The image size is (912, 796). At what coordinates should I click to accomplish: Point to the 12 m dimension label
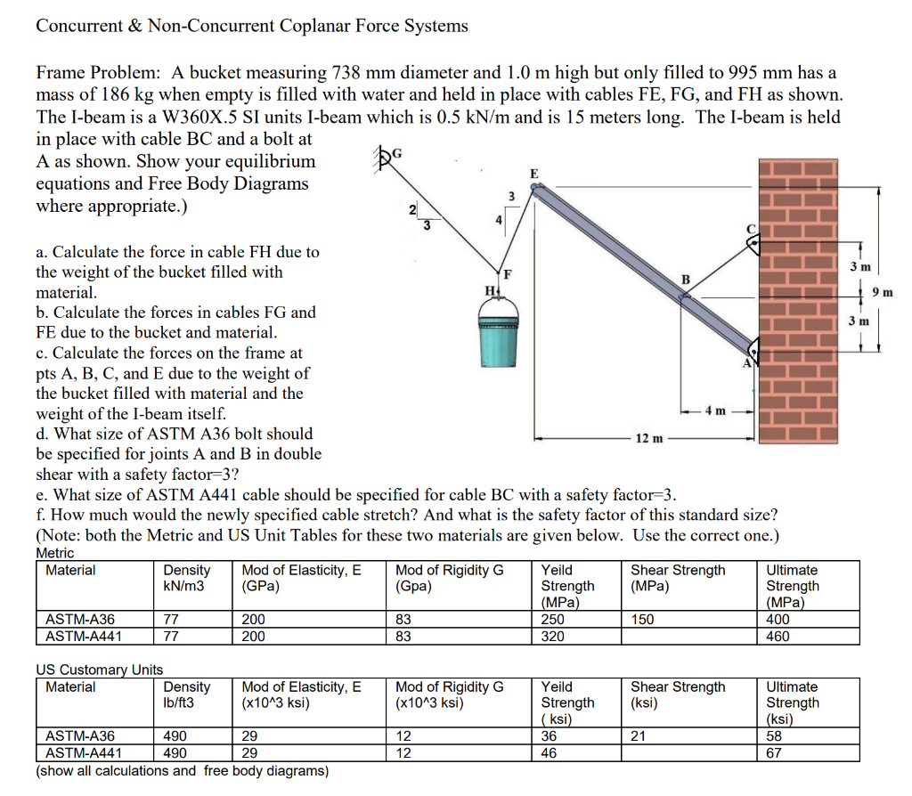tap(647, 438)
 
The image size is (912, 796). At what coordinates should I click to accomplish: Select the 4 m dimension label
tap(717, 410)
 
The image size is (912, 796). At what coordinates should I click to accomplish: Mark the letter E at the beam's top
tap(533, 173)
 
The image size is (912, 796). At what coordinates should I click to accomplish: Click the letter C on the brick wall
tap(751, 229)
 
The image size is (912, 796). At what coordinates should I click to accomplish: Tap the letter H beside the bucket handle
tap(487, 289)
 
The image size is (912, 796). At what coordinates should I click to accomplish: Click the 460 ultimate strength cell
tap(778, 636)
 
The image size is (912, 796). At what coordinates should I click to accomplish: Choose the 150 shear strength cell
tap(642, 620)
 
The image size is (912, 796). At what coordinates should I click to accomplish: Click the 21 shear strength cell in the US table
tap(639, 736)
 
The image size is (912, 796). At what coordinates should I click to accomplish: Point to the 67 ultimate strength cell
tap(774, 752)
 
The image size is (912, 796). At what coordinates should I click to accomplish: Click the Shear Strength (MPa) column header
tap(678, 578)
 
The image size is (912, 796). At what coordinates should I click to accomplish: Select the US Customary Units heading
tap(99, 670)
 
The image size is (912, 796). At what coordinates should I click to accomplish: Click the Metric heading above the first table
tap(55, 553)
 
